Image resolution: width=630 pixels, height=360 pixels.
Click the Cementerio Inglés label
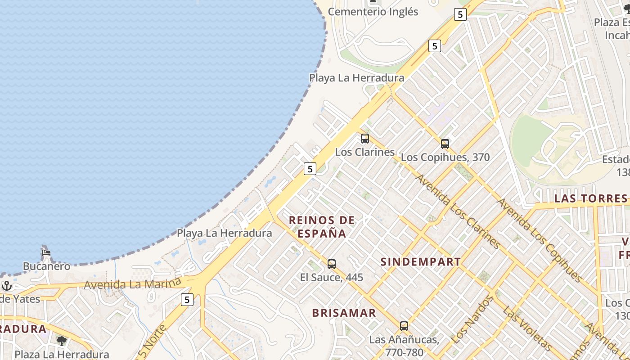tap(373, 12)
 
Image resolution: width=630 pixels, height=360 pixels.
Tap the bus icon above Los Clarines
tap(365, 139)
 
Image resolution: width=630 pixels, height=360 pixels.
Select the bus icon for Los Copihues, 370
tap(445, 144)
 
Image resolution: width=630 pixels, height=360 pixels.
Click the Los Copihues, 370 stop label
tap(445, 157)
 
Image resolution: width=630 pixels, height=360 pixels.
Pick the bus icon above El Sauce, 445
tap(332, 264)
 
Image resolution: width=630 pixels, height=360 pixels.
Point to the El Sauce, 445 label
tap(332, 277)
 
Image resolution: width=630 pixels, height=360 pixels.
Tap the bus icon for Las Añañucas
tap(404, 326)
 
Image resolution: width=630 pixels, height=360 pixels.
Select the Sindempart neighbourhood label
tap(421, 262)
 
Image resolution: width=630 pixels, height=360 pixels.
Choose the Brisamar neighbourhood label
tap(344, 313)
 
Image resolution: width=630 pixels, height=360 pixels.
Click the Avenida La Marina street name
tap(132, 283)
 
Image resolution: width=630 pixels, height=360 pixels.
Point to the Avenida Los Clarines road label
tap(458, 211)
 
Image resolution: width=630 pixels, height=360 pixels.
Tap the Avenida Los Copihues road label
tap(539, 240)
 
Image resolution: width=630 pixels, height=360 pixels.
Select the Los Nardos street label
tap(471, 319)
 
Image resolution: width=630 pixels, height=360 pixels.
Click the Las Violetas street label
tap(526, 328)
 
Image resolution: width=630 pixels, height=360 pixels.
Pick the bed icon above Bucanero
tap(46, 253)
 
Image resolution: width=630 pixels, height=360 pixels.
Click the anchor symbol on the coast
tap(6, 286)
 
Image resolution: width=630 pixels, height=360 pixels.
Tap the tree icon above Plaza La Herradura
tap(62, 341)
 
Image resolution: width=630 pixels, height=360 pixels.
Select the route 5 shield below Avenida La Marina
tap(187, 300)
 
